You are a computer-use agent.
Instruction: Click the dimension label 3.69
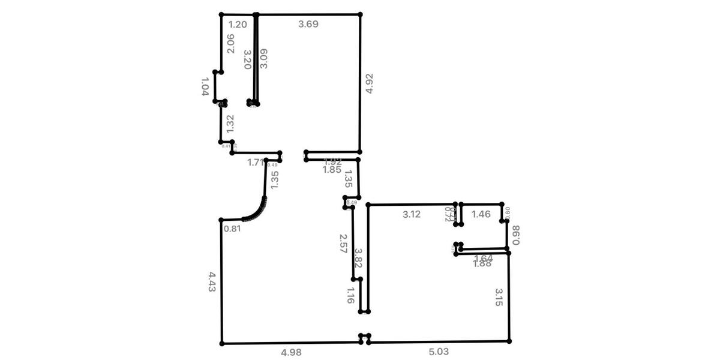[308, 25]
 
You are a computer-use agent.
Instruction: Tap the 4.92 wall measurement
[370, 83]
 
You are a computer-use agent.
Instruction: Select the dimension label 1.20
[238, 25]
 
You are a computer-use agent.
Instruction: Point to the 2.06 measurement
[230, 43]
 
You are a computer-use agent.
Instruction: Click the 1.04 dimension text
[205, 86]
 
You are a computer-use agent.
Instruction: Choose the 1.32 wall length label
[229, 124]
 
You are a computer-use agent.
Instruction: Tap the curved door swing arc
[257, 211]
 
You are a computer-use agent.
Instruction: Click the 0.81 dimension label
[232, 229]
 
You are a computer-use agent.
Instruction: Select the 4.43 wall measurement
[212, 282]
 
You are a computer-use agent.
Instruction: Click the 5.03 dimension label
[438, 352]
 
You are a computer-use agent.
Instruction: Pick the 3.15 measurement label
[499, 297]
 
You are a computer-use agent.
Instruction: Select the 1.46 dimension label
[481, 214]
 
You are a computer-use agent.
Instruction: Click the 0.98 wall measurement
[516, 235]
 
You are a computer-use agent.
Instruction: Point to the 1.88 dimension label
[482, 264]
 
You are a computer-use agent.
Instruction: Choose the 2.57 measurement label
[343, 244]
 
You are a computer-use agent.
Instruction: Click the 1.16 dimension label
[351, 295]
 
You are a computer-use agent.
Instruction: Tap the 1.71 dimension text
[256, 162]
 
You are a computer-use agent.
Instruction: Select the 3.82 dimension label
[358, 257]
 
